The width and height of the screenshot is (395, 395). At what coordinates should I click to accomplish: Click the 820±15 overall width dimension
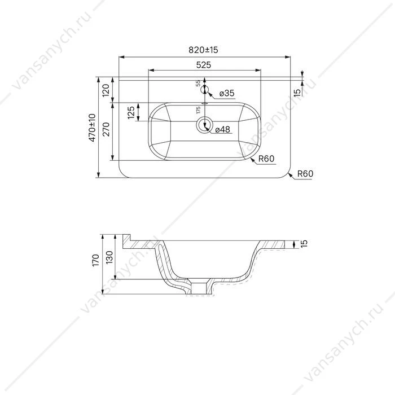[203, 50]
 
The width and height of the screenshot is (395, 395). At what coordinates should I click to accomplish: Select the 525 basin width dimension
[204, 65]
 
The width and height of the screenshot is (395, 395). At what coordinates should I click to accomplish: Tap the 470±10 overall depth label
[93, 128]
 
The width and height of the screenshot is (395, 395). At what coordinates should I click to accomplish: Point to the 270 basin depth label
[106, 129]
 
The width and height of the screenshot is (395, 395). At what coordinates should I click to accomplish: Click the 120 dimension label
[106, 90]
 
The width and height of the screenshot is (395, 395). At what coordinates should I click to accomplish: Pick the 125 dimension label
[131, 113]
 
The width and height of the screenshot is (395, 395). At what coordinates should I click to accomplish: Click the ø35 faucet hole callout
[227, 93]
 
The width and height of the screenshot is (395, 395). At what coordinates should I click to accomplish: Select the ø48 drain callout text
[223, 129]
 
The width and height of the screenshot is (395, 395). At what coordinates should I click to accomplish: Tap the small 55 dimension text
[198, 84]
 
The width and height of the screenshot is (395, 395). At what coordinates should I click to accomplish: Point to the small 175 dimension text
[198, 110]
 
